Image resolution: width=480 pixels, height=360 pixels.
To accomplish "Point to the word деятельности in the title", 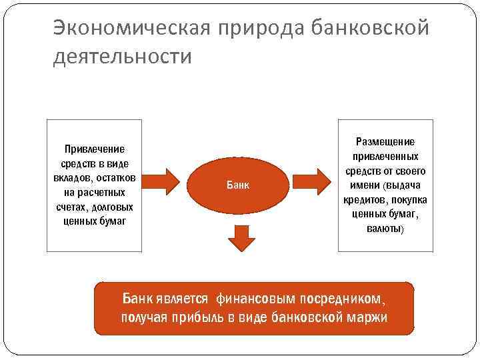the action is coord(121,57).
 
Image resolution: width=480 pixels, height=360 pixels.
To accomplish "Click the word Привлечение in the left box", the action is coord(94,149).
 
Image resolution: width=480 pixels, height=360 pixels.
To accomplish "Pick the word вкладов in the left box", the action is coord(71,178).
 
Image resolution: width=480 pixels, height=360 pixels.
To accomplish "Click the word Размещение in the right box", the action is coord(385,141).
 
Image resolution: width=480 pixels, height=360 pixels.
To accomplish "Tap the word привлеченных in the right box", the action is coord(385,156).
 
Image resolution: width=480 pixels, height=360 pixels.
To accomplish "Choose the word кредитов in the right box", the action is coord(367,199).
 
